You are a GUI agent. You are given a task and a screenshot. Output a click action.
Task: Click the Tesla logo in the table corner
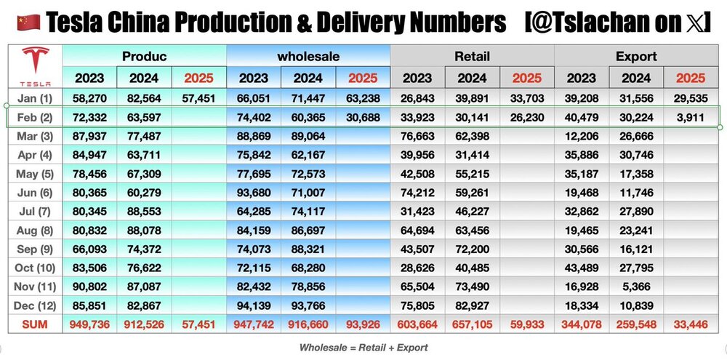point(35,66)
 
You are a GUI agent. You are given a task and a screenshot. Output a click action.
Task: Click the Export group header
point(636,56)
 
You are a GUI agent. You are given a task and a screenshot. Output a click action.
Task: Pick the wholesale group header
point(308,56)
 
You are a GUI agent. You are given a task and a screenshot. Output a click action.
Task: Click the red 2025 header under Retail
point(527,78)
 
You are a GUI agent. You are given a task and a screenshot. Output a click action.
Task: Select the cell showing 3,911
point(691,116)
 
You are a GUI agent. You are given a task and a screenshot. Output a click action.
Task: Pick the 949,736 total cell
point(89,324)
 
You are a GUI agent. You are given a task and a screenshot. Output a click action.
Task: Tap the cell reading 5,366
point(636,287)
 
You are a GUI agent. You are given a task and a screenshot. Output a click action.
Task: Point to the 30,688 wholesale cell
point(363,116)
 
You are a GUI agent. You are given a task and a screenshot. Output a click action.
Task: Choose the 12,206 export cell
point(582,135)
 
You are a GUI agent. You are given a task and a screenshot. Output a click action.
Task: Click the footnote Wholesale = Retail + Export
point(363,348)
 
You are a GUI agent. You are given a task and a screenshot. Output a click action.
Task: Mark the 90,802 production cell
point(89,287)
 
